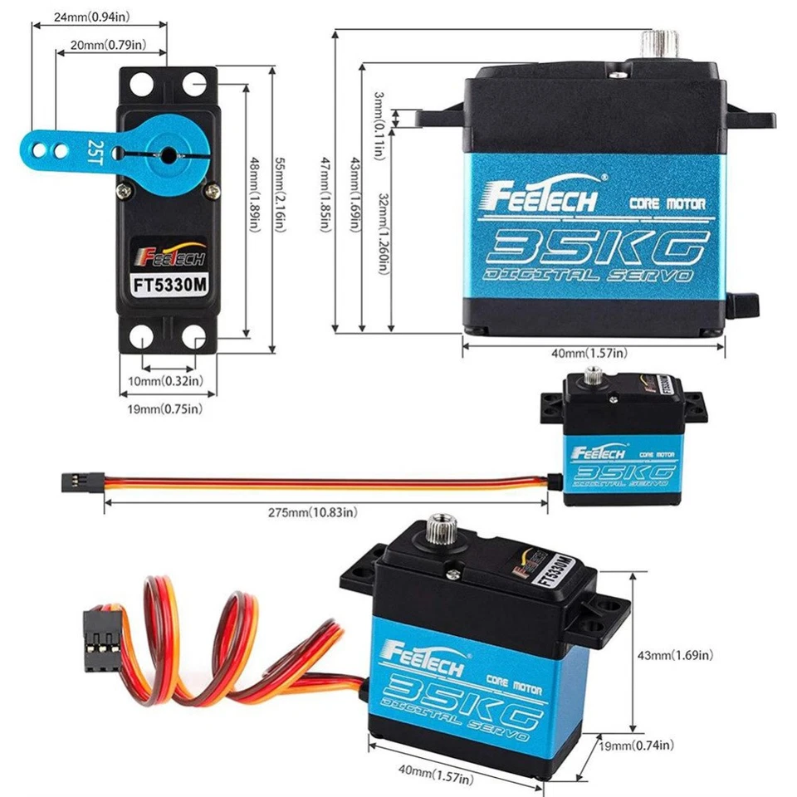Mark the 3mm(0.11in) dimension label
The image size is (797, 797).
[379, 117]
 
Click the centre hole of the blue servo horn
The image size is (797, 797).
[169, 154]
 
